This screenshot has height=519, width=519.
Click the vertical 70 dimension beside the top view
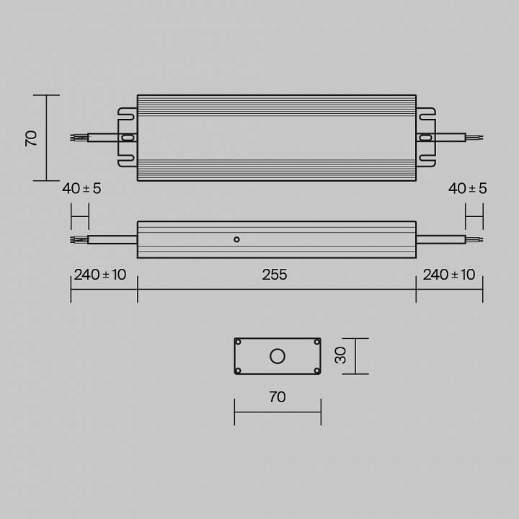click(31, 138)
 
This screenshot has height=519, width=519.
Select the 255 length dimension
click(275, 275)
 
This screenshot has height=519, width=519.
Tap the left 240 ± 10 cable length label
click(99, 275)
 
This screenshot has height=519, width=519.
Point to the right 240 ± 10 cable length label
click(449, 275)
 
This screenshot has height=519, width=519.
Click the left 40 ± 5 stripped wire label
click(81, 188)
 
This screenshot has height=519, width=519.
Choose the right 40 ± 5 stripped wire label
click(468, 188)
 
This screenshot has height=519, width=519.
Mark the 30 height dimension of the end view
click(342, 355)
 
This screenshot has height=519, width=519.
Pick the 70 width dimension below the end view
click(277, 397)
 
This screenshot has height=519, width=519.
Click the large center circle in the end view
click(277, 355)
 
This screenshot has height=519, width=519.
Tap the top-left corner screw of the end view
click(239, 342)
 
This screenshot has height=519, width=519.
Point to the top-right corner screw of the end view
click(316, 342)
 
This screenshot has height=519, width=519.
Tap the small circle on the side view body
click(236, 239)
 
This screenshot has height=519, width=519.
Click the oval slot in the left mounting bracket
click(128, 137)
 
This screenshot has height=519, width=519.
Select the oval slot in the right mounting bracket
click(425, 137)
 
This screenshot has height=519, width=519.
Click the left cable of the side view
click(112, 239)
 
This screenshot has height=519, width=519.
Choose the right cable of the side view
click(440, 239)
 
